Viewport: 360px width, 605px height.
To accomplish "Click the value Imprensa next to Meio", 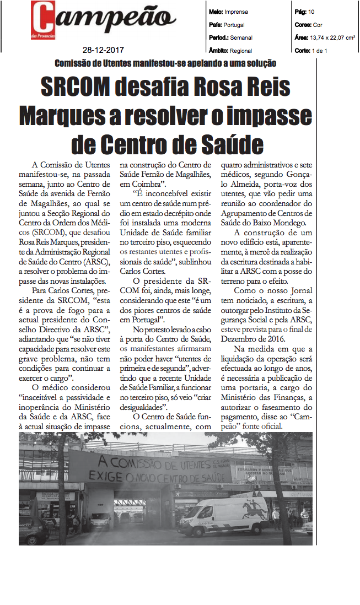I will (237, 11).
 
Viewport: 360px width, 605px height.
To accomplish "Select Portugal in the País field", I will (235, 25).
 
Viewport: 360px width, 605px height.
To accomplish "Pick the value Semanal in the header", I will (241, 37).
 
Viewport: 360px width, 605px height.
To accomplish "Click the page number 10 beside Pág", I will (311, 11).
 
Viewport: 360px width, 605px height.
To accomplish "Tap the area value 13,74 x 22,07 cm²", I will (330, 37).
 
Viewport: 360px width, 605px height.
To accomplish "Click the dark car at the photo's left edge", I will (33, 530).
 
